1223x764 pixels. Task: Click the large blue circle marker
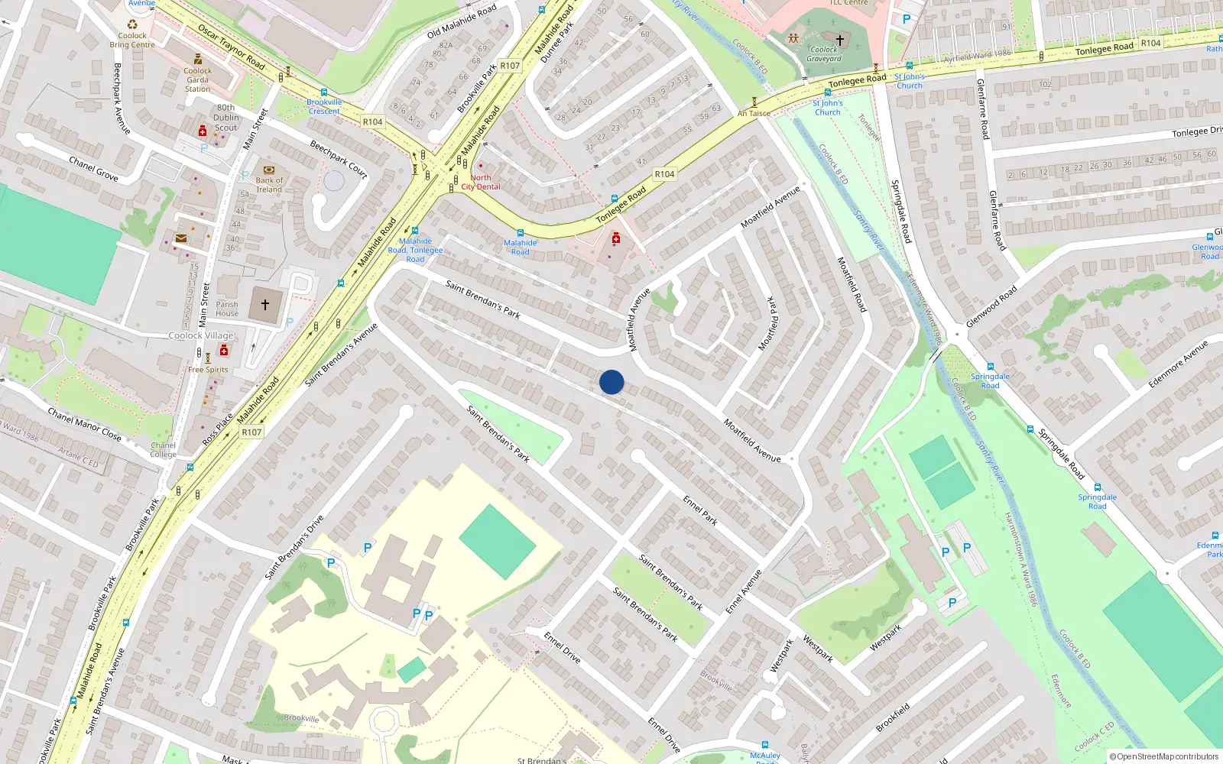611,382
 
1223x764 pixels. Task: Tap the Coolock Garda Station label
197,79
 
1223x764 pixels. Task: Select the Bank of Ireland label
269,185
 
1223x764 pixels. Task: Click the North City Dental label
481,182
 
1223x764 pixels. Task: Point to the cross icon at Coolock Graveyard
839,40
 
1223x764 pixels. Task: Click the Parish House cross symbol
265,305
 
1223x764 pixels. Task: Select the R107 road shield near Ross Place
251,432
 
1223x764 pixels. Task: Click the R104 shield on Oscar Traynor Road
372,121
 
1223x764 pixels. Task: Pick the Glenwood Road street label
991,306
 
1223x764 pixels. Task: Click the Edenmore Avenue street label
1178,364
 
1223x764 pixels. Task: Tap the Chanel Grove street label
93,169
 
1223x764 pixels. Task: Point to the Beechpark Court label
339,159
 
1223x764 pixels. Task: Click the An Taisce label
754,113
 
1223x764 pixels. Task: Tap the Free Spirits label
208,370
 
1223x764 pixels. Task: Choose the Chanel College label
163,449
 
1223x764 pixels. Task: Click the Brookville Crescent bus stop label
324,106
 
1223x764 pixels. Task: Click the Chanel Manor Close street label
84,424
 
